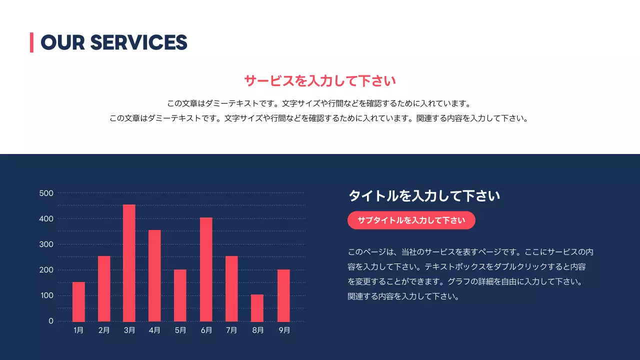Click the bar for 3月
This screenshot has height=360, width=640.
click(129, 263)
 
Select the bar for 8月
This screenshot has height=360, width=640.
click(257, 308)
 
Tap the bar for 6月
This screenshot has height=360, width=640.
click(206, 269)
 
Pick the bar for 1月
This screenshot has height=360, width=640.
click(78, 301)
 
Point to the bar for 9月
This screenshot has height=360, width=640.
click(283, 295)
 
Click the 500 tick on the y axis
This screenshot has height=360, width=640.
click(46, 193)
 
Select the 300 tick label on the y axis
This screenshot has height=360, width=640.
click(46, 244)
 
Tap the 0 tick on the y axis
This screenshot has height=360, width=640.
click(51, 321)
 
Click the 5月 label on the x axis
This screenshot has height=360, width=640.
click(180, 330)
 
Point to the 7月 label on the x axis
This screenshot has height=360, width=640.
click(231, 330)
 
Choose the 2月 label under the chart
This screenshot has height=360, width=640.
click(104, 330)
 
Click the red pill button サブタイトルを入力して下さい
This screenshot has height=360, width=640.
click(411, 220)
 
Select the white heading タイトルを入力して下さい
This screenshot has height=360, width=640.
click(424, 196)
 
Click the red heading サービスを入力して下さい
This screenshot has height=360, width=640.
click(320, 80)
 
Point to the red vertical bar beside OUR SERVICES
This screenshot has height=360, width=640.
click(31, 42)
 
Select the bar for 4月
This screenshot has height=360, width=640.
click(154, 275)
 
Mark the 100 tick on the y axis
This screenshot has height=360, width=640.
click(46, 295)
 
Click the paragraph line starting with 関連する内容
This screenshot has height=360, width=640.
click(403, 296)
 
